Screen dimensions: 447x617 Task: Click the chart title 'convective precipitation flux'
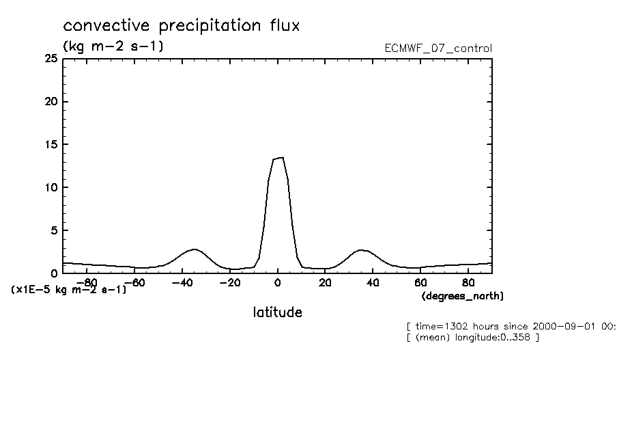pyautogui.click(x=181, y=26)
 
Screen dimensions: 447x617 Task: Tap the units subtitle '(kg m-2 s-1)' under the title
pyautogui.click(x=113, y=46)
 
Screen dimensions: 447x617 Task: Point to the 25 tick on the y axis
pyautogui.click(x=50, y=59)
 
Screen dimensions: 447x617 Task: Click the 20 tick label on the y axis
pyautogui.click(x=50, y=102)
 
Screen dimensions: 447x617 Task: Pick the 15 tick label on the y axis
pyautogui.click(x=51, y=145)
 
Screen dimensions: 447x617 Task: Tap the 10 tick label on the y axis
pyautogui.click(x=51, y=187)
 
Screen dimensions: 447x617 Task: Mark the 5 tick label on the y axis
pyautogui.click(x=53, y=230)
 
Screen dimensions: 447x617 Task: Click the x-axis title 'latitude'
pyautogui.click(x=277, y=312)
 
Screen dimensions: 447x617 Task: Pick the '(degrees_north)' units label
pyautogui.click(x=463, y=296)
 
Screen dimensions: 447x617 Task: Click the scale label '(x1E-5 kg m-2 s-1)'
pyautogui.click(x=69, y=290)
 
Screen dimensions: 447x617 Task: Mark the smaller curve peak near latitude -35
pyautogui.click(x=195, y=249)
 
